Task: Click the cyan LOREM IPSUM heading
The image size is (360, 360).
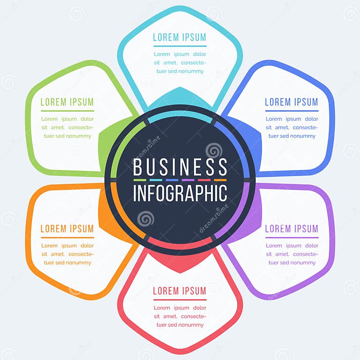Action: pos(180,37)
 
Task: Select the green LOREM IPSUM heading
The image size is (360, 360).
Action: pos(67,102)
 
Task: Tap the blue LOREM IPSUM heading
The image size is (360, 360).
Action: pos(292,102)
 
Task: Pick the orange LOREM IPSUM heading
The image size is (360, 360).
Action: pos(67,229)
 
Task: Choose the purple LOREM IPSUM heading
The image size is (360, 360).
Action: pos(292,229)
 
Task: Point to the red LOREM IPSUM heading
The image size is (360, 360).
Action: pos(180,291)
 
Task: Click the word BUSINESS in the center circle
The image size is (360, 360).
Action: pos(180,167)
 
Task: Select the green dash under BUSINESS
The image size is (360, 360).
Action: pos(140,180)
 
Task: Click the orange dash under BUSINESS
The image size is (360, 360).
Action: pos(220,180)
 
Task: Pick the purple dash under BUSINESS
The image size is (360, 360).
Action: pos(188,180)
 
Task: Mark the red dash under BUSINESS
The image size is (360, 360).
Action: pos(204,180)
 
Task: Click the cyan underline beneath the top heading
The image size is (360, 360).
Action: pos(180,46)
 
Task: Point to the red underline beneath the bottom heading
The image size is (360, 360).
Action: pos(180,300)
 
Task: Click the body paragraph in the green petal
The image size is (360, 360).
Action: pos(67,127)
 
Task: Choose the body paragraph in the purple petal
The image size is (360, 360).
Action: pos(292,254)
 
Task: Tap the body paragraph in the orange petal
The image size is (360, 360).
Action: pos(67,254)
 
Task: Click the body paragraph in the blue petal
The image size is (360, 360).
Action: pos(292,127)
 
